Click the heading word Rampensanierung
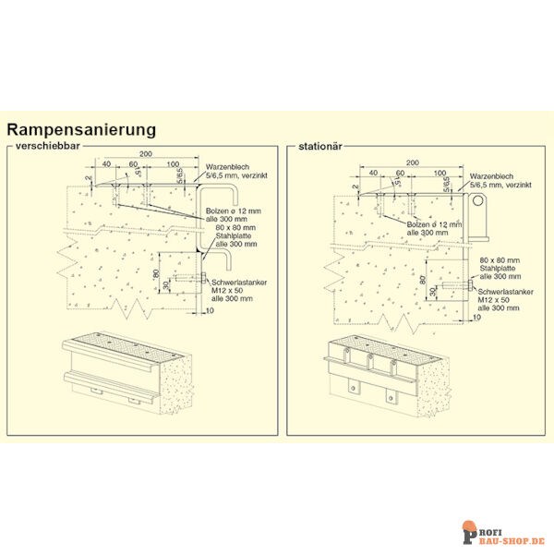coord(81,130)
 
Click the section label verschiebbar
coord(44,146)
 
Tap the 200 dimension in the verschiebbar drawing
coord(145,153)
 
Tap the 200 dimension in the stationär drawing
coord(412,162)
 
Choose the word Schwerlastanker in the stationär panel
coord(504,292)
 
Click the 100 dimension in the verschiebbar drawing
coord(173,163)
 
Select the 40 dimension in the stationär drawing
coord(373,173)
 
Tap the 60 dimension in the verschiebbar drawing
coord(133,163)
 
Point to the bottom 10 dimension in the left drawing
coord(210,311)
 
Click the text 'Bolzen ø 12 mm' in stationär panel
coord(431,224)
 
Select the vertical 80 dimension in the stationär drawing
coord(422,279)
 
